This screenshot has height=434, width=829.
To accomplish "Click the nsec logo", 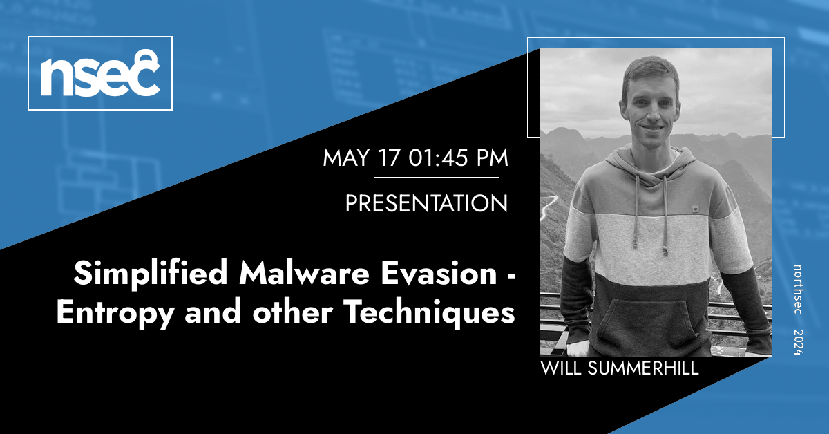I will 100,73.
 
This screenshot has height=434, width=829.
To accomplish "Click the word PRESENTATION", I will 426,203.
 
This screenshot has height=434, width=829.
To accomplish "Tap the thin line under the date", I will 437,178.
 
